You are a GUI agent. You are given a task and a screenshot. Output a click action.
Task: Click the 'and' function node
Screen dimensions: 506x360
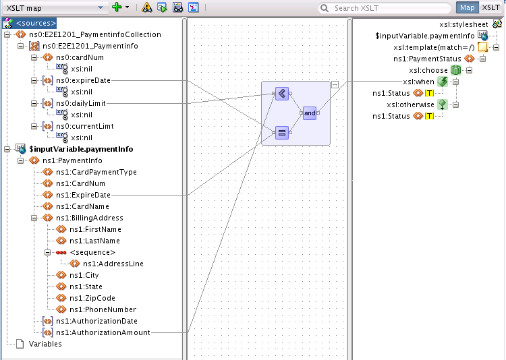(310, 113)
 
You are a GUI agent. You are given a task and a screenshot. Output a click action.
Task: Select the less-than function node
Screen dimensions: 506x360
(282, 94)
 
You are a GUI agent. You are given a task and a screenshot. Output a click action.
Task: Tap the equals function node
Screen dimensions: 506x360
(282, 133)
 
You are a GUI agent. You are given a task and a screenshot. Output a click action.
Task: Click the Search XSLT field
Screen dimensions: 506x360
(384, 8)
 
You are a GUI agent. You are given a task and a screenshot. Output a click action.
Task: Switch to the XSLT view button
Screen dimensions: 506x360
(490, 7)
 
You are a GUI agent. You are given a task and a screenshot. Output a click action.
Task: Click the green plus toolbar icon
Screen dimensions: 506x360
(117, 7)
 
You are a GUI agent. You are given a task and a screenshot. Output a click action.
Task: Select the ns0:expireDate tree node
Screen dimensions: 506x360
(83, 80)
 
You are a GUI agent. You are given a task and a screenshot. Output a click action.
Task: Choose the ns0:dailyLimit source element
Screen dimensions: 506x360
(81, 103)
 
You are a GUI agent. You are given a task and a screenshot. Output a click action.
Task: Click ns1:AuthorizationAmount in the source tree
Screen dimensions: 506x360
(103, 332)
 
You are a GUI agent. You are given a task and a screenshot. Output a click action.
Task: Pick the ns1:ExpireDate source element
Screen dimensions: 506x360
(83, 195)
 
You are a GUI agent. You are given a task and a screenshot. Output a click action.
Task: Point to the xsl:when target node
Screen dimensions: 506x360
(418, 82)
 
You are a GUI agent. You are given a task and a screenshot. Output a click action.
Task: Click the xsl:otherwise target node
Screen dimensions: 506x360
(410, 104)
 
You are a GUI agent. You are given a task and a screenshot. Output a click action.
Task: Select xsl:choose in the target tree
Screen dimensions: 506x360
(428, 70)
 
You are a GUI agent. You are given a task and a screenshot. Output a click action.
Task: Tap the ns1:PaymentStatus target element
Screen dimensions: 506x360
(427, 59)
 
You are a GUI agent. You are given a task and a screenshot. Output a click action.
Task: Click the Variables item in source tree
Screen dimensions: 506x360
(45, 344)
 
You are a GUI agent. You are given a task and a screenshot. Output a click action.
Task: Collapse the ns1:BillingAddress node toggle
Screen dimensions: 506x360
(34, 218)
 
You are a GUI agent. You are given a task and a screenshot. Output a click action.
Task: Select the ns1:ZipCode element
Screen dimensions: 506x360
(92, 298)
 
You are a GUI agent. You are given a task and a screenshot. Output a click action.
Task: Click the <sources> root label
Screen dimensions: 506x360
(36, 23)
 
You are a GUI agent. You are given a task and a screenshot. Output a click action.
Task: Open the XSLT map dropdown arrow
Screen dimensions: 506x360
(101, 7)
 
